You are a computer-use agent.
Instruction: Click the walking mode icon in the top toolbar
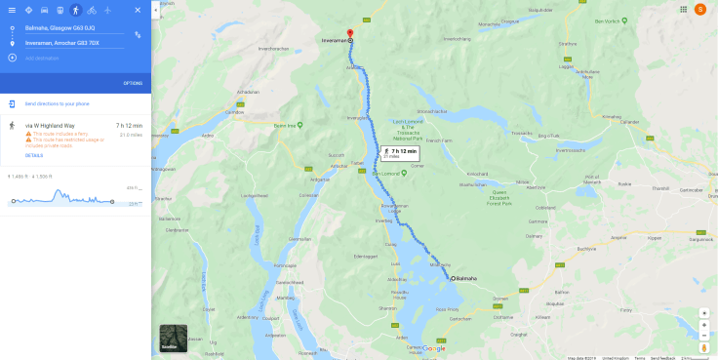[x=76, y=10]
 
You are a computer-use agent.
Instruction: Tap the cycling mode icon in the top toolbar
[x=91, y=10]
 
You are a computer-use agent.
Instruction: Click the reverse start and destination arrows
[x=138, y=34]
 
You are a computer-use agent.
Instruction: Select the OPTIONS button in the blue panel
[x=133, y=83]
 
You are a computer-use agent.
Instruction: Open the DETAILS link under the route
[x=34, y=155]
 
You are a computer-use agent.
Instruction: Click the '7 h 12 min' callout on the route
[x=401, y=152]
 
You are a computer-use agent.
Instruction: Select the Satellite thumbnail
[x=174, y=338]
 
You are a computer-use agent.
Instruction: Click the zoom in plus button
[x=704, y=313]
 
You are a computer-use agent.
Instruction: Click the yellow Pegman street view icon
[x=704, y=346]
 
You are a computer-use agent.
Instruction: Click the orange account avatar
[x=699, y=9]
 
